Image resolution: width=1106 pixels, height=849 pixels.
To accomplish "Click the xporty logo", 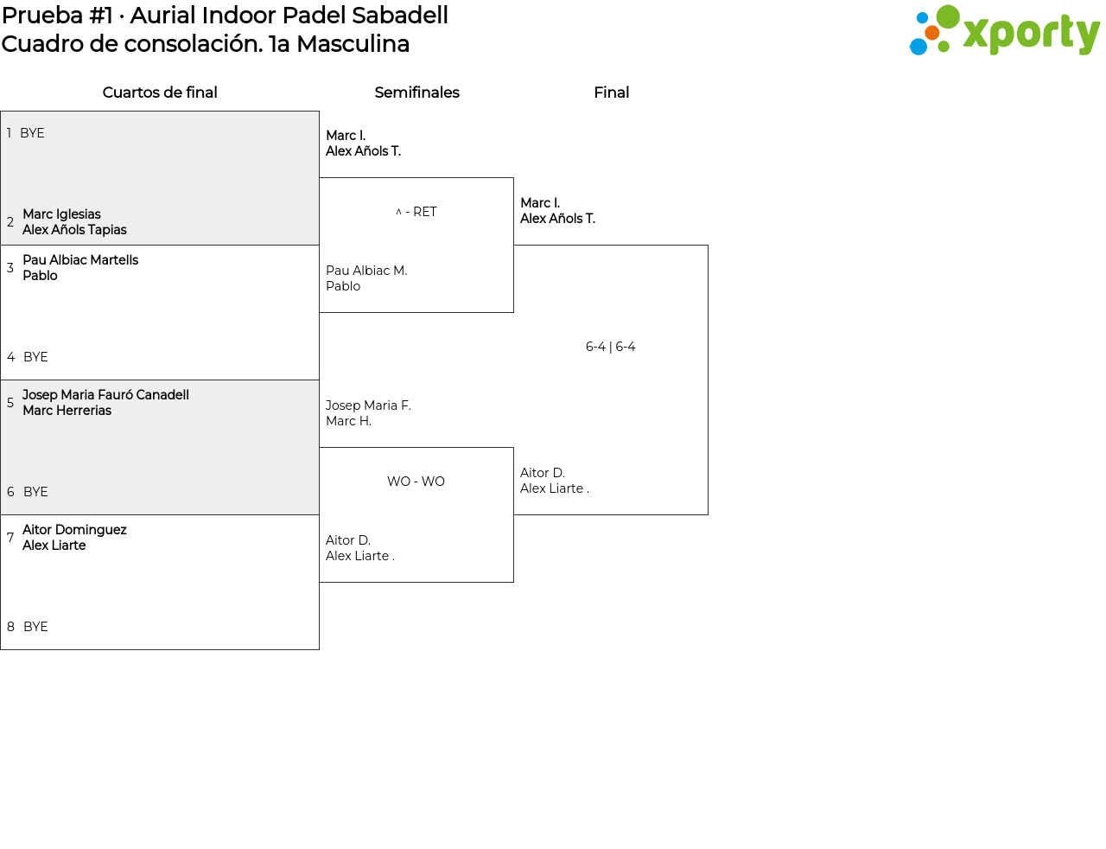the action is tap(1004, 30).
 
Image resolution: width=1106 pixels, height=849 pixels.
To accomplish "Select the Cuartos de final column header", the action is tap(160, 93).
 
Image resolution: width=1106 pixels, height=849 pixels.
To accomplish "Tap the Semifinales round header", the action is tap(416, 93).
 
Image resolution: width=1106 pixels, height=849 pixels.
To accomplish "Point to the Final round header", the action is tap(611, 93).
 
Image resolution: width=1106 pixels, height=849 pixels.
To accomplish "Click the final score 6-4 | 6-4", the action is tap(610, 347).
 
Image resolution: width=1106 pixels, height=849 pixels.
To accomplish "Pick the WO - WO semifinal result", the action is tap(416, 482).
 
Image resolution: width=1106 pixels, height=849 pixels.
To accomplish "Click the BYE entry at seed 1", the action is tap(32, 133).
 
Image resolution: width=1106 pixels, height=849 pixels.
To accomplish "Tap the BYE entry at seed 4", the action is tap(35, 356).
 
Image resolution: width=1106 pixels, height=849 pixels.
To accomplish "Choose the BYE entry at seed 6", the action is tap(35, 491).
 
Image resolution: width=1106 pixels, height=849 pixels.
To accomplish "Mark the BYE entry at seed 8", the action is tap(35, 627).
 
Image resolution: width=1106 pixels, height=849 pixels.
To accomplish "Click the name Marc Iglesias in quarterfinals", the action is tap(61, 214).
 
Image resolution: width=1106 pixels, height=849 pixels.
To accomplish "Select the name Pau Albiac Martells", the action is tap(80, 259).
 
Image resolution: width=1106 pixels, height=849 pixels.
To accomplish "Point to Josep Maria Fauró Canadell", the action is tap(105, 395).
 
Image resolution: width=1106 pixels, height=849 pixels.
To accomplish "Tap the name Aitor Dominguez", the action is tap(74, 530).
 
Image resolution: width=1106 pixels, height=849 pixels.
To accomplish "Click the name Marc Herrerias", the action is tap(67, 411).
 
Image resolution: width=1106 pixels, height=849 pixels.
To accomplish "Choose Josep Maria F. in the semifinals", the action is tap(368, 405).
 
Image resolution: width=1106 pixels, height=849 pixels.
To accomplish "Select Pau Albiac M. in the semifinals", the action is tap(366, 271).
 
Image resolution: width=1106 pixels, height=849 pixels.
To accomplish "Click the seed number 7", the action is tap(10, 537).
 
